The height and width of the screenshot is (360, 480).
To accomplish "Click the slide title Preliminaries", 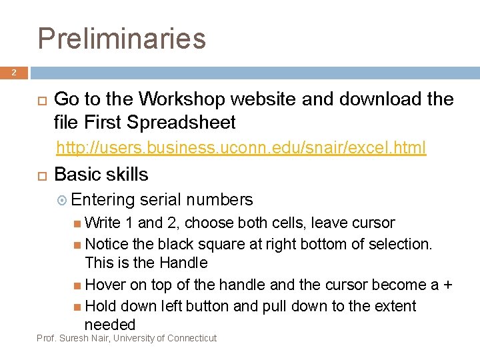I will click(122, 38).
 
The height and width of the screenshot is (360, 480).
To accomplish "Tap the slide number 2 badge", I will click(14, 73).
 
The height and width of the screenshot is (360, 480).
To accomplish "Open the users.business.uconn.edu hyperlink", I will click(241, 147).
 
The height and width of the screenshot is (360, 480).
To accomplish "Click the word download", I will click(380, 100).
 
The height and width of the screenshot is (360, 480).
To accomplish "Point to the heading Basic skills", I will click(101, 175).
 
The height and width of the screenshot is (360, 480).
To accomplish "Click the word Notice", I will click(108, 245).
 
